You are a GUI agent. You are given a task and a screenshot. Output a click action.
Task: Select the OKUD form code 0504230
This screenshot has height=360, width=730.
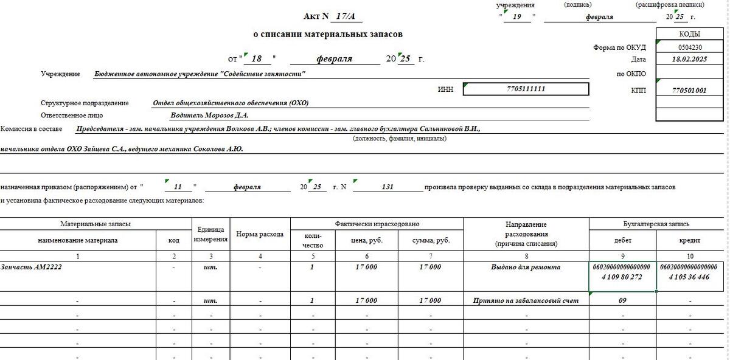tap(690, 47)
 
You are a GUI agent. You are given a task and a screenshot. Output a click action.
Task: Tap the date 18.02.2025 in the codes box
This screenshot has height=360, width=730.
tap(690, 60)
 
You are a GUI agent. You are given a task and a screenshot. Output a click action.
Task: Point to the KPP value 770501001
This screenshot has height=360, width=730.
tap(690, 91)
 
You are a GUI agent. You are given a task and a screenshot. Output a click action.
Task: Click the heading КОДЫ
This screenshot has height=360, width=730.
tap(690, 34)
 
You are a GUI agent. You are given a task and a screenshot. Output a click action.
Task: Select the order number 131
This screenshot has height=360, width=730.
tap(388, 187)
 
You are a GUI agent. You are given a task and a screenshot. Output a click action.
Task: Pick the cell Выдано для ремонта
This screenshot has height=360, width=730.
tap(526, 268)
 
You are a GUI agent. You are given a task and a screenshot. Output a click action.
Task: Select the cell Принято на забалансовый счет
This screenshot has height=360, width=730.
tap(526, 300)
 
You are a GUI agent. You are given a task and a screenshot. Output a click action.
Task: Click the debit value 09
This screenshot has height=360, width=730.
tap(622, 300)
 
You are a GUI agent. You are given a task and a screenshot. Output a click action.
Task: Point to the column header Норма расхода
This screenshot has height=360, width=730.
tap(260, 234)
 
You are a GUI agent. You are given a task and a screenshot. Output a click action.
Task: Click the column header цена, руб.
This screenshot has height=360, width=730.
tap(367, 241)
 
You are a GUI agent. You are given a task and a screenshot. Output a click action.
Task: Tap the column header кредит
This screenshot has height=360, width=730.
tap(690, 241)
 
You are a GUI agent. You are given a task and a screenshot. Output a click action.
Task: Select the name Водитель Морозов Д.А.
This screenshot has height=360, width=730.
tap(210, 115)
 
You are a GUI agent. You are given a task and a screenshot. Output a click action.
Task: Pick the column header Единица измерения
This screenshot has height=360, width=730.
tap(211, 234)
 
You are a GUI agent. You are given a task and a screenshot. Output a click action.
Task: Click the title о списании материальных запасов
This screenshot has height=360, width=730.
tap(328, 35)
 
